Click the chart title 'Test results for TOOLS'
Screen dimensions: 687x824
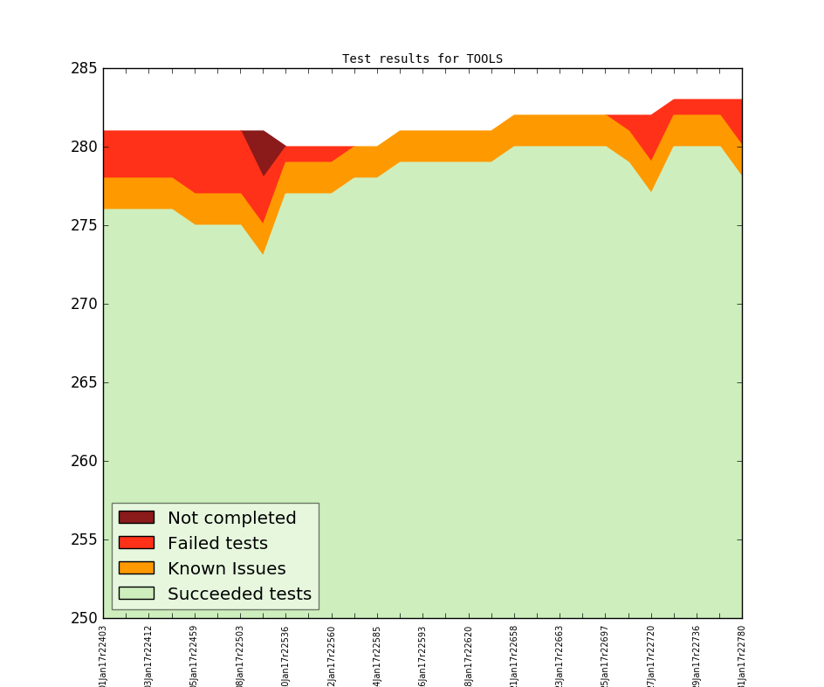tap(422, 59)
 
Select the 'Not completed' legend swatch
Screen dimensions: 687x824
tap(136, 518)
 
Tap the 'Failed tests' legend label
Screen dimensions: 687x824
tap(217, 543)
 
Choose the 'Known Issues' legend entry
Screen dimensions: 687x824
tap(226, 568)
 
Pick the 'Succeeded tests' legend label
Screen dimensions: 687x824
tap(239, 594)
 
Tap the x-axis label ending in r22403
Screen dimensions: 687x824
tap(104, 655)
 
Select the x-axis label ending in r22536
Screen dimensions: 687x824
tap(286, 655)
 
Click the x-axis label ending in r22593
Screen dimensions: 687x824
tap(423, 655)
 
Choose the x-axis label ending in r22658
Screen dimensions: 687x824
tap(514, 655)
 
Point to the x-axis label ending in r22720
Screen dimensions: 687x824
tap(651, 655)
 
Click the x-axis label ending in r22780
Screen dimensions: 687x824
tap(742, 655)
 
